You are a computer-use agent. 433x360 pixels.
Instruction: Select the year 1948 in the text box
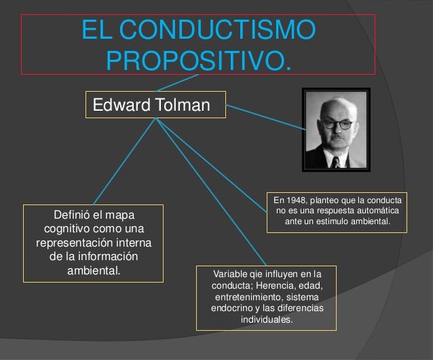297,200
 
